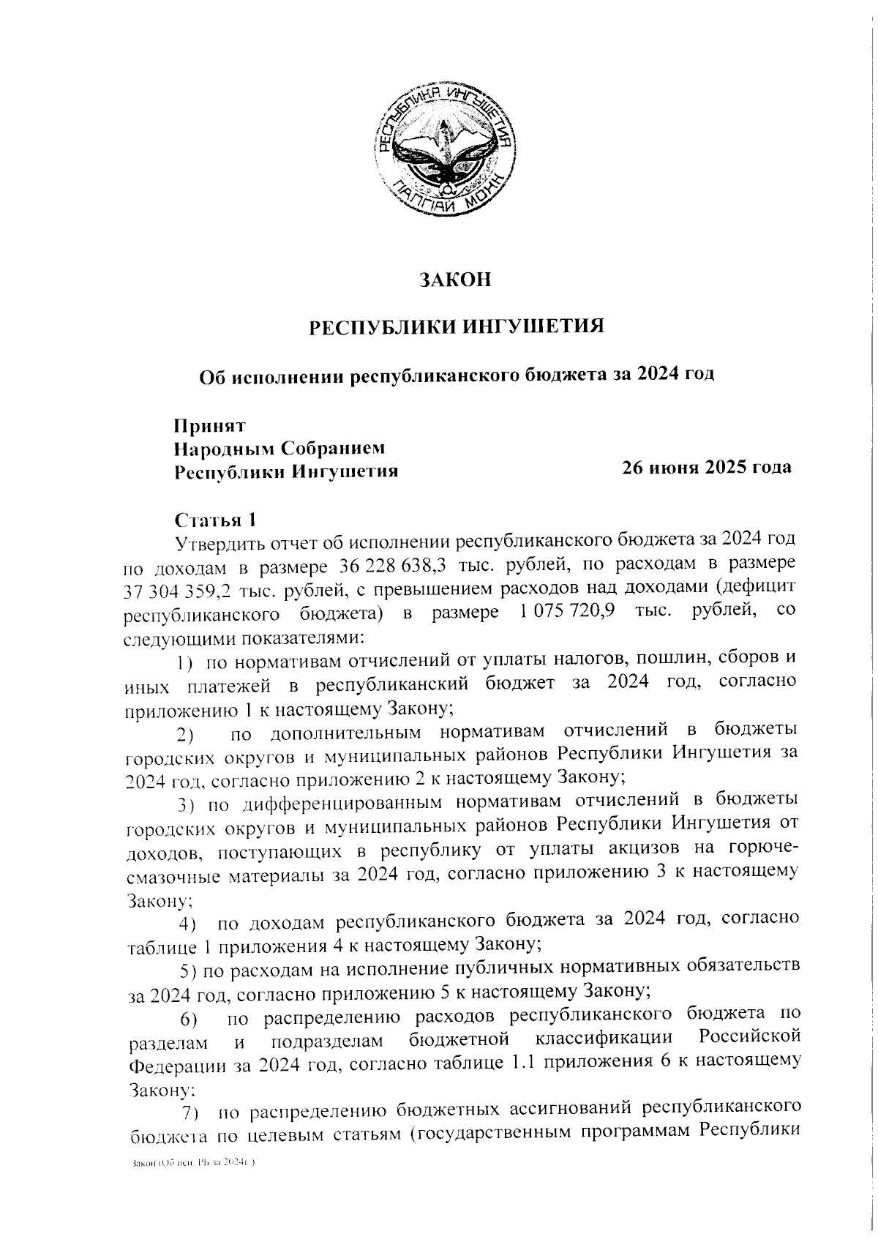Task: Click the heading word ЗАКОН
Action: click(x=454, y=280)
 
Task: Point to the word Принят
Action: click(x=209, y=425)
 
